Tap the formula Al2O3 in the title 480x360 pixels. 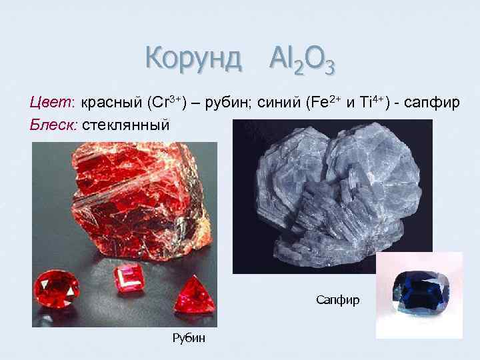302,61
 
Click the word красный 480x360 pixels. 112,104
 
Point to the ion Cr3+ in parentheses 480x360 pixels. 168,103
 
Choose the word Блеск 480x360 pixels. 54,124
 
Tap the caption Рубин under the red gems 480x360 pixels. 189,338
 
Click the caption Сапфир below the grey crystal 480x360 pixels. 338,300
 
